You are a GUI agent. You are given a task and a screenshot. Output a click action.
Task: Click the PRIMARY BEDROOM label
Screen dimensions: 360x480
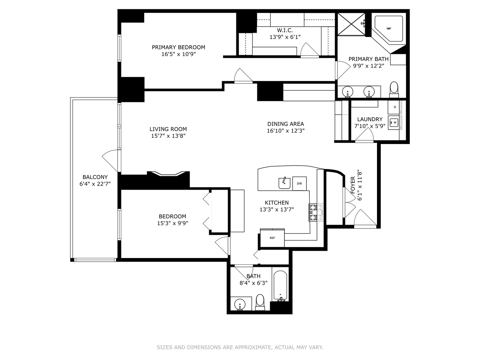click(x=178, y=47)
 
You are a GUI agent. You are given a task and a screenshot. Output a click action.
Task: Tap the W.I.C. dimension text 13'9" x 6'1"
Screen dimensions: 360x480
click(x=285, y=37)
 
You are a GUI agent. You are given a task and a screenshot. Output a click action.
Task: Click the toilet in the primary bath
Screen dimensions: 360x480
click(x=394, y=88)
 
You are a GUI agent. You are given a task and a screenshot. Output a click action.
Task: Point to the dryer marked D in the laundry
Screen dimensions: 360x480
click(x=395, y=107)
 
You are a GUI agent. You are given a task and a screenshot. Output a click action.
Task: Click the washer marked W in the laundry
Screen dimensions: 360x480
click(x=395, y=123)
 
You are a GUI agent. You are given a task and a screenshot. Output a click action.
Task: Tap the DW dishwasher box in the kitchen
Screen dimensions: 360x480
click(x=299, y=183)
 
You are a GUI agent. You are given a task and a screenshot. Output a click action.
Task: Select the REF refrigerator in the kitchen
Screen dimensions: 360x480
click(x=272, y=238)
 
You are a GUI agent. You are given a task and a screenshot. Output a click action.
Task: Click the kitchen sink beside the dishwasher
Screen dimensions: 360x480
click(x=284, y=183)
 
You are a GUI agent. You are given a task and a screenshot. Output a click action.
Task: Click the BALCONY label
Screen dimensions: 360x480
click(x=95, y=177)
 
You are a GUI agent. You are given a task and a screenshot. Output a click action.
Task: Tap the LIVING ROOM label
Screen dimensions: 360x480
click(x=168, y=129)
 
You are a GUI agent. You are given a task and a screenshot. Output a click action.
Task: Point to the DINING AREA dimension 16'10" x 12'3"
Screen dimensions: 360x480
click(x=286, y=131)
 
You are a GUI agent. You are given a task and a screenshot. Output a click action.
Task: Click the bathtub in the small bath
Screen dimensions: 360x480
click(x=280, y=286)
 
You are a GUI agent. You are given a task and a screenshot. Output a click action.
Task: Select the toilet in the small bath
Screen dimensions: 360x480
click(x=260, y=301)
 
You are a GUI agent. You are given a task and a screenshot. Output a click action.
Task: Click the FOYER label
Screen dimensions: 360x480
click(x=353, y=185)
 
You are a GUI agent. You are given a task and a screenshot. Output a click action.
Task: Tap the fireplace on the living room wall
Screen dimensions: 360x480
click(x=168, y=174)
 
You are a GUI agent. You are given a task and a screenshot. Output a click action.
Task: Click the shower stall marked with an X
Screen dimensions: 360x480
click(x=351, y=24)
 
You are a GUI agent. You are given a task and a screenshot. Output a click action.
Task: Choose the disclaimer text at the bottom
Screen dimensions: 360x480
click(x=240, y=347)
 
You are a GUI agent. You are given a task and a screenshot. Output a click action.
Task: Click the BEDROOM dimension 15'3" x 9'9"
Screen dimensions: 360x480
click(x=172, y=223)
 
